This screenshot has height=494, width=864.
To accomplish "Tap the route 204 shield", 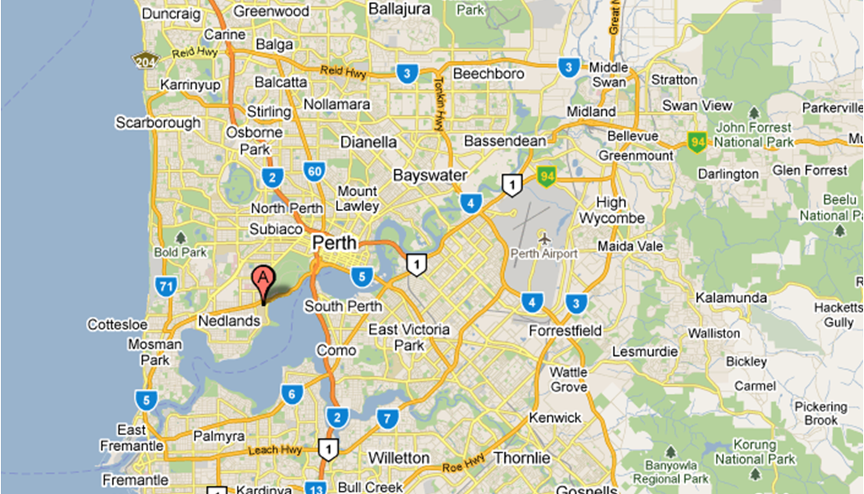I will click(x=145, y=60).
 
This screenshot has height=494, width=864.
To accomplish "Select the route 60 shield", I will click(x=315, y=171).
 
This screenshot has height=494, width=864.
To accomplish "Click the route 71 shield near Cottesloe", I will click(x=165, y=287).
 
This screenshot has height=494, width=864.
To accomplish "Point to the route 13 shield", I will click(x=315, y=487).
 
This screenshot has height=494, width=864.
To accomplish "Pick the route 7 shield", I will click(x=385, y=419).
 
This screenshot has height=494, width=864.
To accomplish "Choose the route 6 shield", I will click(x=291, y=394).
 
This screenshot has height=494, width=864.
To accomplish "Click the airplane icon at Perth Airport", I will click(x=544, y=237).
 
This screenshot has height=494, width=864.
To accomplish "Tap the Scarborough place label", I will click(x=158, y=123).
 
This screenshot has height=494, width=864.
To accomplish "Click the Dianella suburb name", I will click(x=368, y=143).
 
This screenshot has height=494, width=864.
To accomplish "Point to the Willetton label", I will click(x=399, y=457).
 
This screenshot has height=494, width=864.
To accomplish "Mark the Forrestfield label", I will click(x=565, y=331).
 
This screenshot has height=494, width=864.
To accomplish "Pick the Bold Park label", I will click(x=180, y=252).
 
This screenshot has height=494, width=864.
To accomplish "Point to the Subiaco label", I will click(x=276, y=229).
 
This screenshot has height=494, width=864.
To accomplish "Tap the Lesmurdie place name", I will click(x=644, y=352).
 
